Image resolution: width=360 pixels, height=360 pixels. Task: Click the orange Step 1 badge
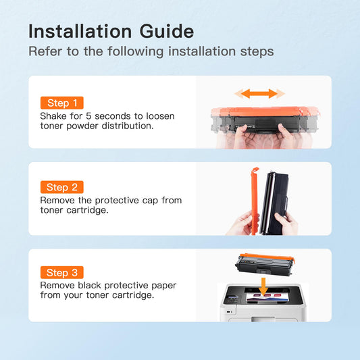(61, 103)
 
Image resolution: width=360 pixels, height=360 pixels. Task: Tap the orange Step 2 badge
(61, 187)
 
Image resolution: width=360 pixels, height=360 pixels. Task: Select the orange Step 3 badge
(61, 272)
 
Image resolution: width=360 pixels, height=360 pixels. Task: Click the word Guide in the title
(167, 31)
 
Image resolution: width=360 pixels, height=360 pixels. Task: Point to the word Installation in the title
(80, 31)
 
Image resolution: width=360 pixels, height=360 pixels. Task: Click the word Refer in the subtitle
(45, 51)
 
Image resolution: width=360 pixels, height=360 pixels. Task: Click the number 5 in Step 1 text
(88, 116)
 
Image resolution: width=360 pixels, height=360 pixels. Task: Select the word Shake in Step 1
(53, 116)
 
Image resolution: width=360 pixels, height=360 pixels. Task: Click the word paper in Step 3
(163, 286)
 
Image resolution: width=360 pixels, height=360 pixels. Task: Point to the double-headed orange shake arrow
(259, 94)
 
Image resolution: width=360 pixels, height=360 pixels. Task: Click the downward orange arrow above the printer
(263, 286)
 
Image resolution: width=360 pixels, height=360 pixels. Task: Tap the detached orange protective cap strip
(255, 201)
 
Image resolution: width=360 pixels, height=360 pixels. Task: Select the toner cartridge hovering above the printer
(265, 265)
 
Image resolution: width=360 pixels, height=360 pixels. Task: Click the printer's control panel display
(232, 297)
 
